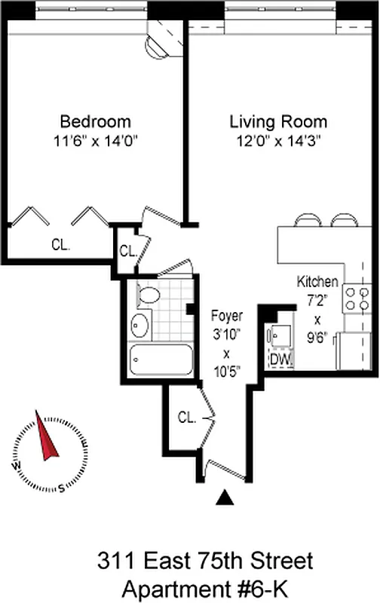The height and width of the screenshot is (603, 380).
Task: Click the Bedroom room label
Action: tap(95, 121)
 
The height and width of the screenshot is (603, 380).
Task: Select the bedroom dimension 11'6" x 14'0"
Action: tap(95, 139)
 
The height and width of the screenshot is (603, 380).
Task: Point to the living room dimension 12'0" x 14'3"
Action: tap(278, 139)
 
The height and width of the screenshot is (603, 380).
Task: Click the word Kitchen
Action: tap(317, 282)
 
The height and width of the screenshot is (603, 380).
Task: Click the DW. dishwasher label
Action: tap(280, 359)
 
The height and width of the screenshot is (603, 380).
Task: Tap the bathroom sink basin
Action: tap(140, 326)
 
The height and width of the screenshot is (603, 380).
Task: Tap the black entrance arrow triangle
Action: tap(224, 497)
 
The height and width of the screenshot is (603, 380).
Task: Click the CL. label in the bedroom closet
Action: tap(60, 244)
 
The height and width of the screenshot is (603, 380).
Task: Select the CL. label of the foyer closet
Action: tap(188, 416)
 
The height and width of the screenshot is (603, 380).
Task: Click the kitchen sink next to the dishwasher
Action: tap(280, 334)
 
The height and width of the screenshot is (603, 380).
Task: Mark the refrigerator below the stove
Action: tap(354, 350)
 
